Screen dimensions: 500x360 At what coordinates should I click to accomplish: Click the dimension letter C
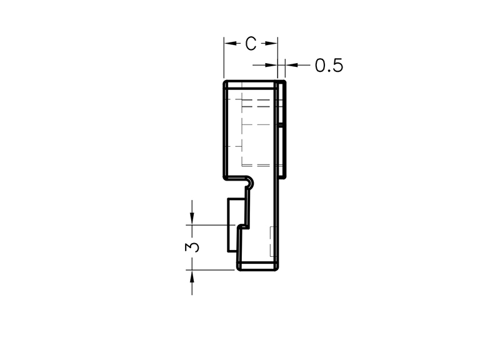pyautogui.click(x=251, y=44)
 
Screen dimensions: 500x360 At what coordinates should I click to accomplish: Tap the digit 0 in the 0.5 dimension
pyautogui.click(x=321, y=66)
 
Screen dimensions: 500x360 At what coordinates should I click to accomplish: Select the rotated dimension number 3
pyautogui.click(x=192, y=247)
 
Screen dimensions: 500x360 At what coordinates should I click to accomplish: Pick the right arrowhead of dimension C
pyautogui.click(x=271, y=43)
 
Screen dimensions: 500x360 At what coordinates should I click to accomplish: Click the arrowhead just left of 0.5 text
pyautogui.click(x=291, y=65)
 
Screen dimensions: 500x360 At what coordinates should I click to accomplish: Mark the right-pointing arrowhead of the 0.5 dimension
pyautogui.click(x=271, y=65)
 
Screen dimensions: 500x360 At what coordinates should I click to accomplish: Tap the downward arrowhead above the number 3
pyautogui.click(x=192, y=219)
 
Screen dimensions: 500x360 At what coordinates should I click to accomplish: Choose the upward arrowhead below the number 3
pyautogui.click(x=192, y=276)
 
